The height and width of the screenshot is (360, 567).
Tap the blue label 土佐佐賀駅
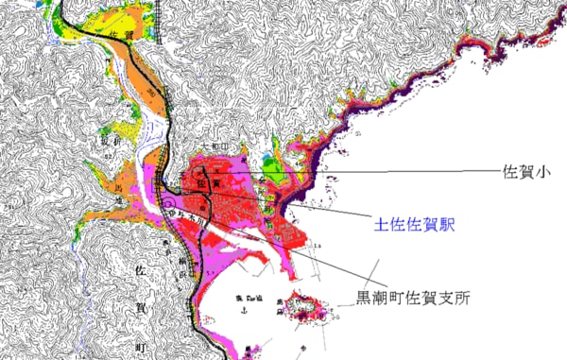pos(412,227)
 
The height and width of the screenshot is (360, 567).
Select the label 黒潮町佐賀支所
pos(412,298)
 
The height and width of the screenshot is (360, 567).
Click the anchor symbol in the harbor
pos(245,308)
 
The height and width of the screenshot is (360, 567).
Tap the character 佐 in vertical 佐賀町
pos(143,271)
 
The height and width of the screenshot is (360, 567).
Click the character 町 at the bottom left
pos(143,349)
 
